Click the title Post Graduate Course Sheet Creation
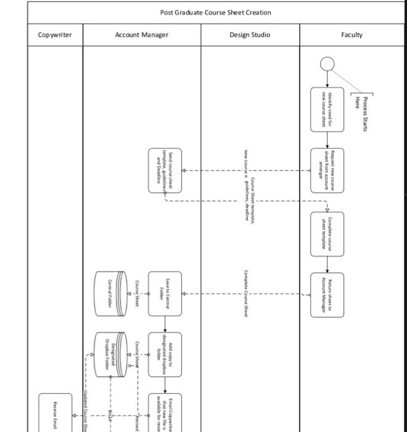pyautogui.click(x=215, y=12)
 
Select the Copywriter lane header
pyautogui.click(x=55, y=35)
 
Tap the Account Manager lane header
pyautogui.click(x=141, y=35)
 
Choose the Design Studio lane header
pyautogui.click(x=250, y=35)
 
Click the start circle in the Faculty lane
pyautogui.click(x=327, y=64)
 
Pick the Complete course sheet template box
pyautogui.click(x=327, y=232)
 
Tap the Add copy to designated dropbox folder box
pyautogui.click(x=165, y=353)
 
